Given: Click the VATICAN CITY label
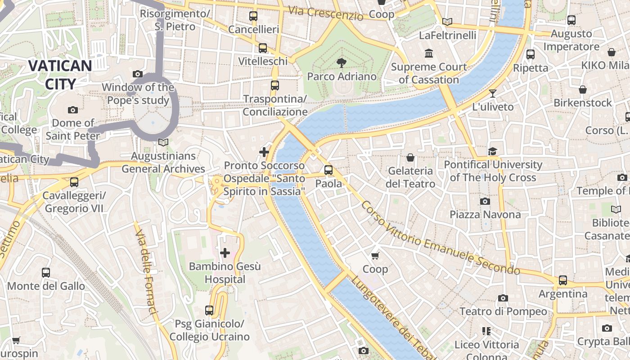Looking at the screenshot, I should click(x=60, y=75).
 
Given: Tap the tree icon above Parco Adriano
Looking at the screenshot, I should click(x=342, y=63).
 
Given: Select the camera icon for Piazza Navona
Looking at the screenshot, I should click(x=485, y=201).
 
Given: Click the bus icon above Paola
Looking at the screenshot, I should click(x=328, y=170).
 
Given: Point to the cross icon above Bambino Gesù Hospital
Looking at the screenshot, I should click(x=225, y=253).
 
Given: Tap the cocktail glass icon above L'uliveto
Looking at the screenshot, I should click(x=493, y=94).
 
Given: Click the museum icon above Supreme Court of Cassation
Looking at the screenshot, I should click(x=428, y=54).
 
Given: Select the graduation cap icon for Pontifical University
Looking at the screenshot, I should click(x=493, y=151).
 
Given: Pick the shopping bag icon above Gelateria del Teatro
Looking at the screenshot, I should click(x=410, y=157).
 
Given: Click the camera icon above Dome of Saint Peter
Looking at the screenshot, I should click(x=72, y=110).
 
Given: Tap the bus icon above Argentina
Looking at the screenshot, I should click(x=562, y=280).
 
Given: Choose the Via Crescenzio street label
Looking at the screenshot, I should click(x=325, y=13).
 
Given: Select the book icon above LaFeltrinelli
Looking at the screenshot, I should click(x=447, y=22).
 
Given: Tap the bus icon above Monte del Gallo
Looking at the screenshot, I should click(x=46, y=273).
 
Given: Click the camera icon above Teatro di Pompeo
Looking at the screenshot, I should click(x=503, y=298).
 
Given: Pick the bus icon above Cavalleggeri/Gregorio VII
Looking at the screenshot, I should click(x=74, y=182).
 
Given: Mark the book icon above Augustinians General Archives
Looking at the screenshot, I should click(x=163, y=142).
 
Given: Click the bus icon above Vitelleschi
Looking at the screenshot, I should click(x=263, y=48).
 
